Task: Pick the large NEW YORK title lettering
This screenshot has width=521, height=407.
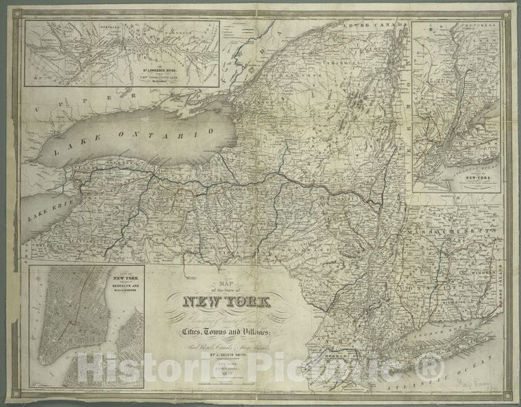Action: (226, 301)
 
